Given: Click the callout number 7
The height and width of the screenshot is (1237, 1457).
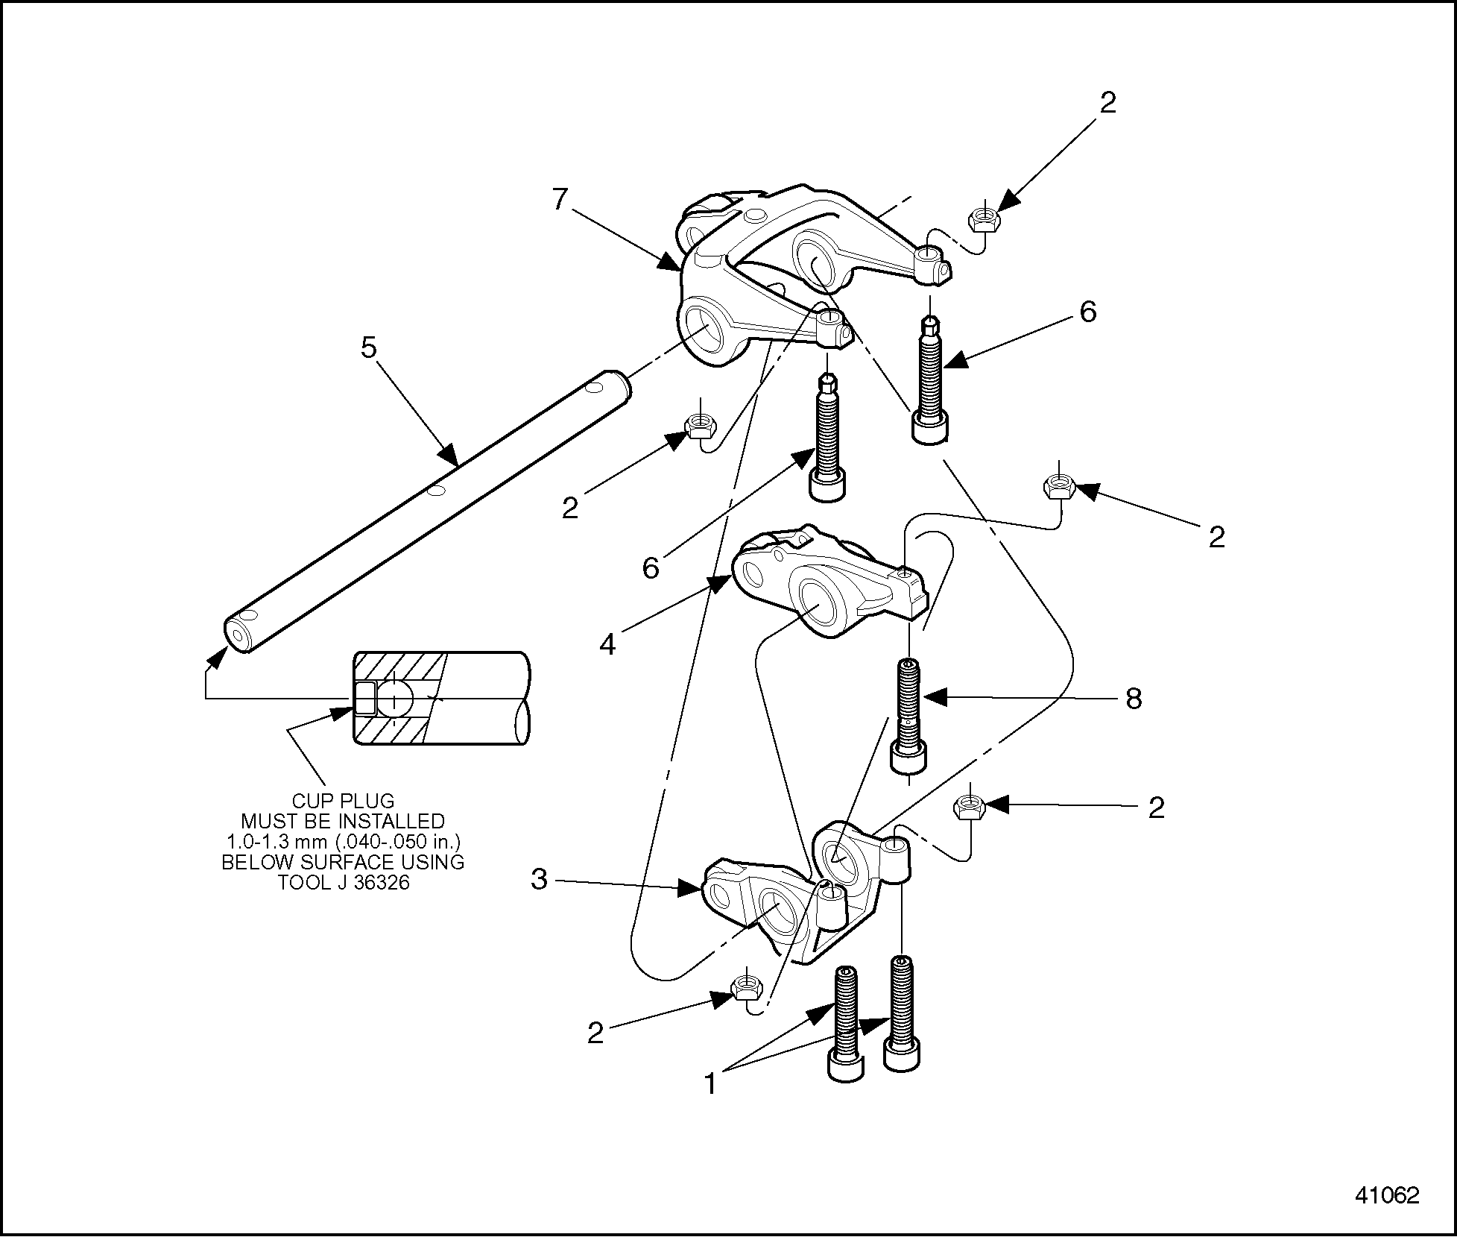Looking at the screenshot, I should pos(560,199).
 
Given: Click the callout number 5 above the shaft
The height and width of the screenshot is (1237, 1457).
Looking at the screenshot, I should pos(369,348).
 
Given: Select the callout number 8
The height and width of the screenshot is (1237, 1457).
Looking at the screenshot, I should pos(1133,699).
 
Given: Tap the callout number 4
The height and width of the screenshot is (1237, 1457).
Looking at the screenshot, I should pos(608,643).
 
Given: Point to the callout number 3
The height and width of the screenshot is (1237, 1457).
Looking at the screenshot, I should pos(539,880).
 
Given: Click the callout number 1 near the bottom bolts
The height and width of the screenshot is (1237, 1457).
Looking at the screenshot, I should pos(710,1083).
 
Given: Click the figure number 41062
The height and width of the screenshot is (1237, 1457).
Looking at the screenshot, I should pos(1386,1195).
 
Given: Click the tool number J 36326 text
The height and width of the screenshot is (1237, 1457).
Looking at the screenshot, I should pos(344,883).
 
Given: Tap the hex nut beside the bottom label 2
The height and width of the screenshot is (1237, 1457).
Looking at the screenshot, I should pos(746,988).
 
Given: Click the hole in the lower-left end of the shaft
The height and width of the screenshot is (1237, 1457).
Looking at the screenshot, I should pos(238,635).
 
